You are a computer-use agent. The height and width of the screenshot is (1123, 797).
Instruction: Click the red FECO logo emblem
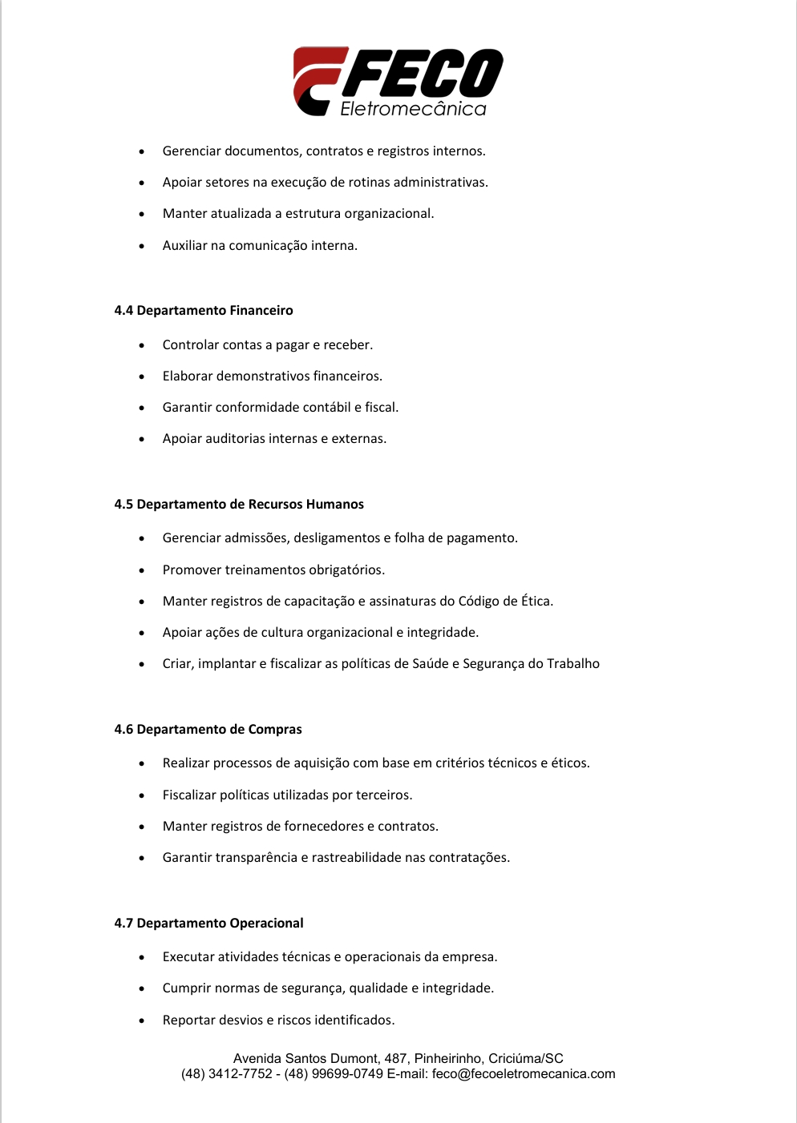(x=319, y=80)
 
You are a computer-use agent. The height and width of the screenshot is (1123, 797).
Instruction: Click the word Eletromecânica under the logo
(x=413, y=109)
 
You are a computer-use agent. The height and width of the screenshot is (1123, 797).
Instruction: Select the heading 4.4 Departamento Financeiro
(x=204, y=311)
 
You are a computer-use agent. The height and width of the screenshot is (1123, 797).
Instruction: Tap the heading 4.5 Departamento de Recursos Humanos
(x=239, y=505)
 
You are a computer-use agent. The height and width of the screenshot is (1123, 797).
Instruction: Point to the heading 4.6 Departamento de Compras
(x=208, y=730)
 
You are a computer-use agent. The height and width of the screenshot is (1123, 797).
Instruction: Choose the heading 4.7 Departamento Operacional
(x=208, y=924)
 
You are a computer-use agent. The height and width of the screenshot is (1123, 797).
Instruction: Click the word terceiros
(x=383, y=795)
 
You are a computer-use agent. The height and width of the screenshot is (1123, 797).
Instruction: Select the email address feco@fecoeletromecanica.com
(x=524, y=1074)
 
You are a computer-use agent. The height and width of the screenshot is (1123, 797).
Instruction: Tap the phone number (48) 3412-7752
(x=227, y=1074)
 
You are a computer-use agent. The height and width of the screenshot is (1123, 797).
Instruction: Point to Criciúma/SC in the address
(x=526, y=1059)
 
